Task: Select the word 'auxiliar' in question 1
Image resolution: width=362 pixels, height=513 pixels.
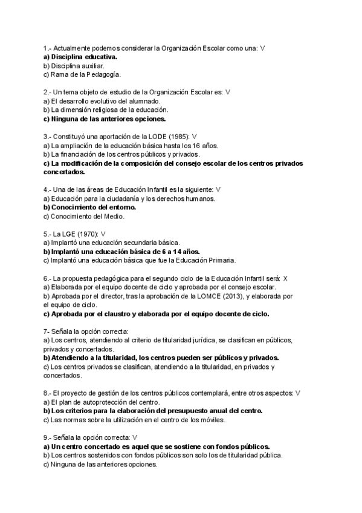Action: pyautogui.click(x=92, y=65)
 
